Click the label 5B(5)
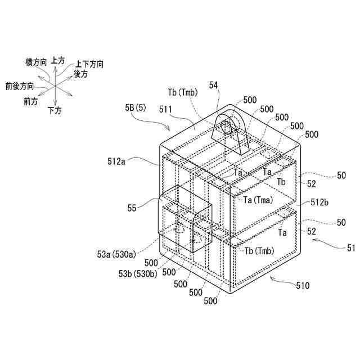click(136, 106)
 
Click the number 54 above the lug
click(214, 84)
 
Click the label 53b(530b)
click(136, 273)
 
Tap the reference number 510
click(303, 286)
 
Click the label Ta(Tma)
click(259, 200)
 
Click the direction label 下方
click(55, 110)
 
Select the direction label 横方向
click(37, 62)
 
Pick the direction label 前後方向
click(19, 86)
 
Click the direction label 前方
click(31, 101)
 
